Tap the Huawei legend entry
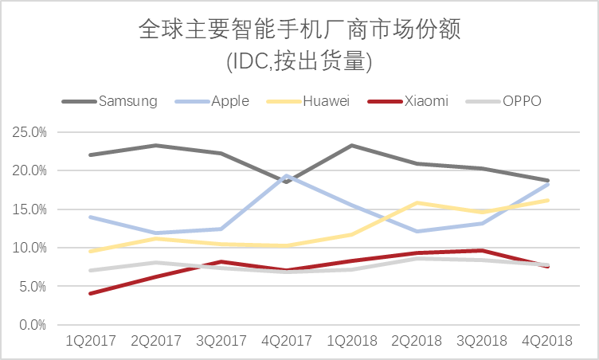point(326,101)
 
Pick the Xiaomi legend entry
point(426,101)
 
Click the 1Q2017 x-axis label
point(90,341)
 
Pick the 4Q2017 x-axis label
point(286,341)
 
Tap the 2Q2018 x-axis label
point(417,341)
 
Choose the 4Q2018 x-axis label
point(546,341)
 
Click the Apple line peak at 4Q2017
point(287,175)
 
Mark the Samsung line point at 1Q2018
point(351,146)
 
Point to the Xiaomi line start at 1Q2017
point(90,294)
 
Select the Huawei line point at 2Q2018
point(417,203)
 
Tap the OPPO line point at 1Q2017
point(90,271)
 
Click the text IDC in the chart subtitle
point(246,60)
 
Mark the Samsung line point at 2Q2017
point(155,146)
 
